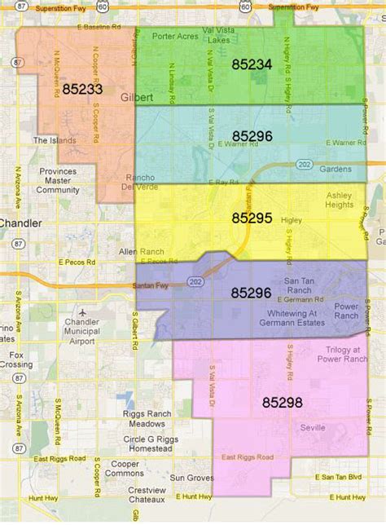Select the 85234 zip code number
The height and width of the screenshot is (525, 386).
251,64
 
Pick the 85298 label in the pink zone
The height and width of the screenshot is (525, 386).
282,402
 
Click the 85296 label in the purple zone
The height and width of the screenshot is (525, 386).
251,291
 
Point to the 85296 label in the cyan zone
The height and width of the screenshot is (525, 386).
251,136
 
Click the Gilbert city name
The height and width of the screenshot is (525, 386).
135,96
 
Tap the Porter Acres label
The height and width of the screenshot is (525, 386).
174,36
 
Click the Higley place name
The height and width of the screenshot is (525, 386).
291,219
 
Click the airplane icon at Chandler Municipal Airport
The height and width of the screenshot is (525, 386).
81,312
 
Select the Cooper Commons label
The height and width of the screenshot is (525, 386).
125,467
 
